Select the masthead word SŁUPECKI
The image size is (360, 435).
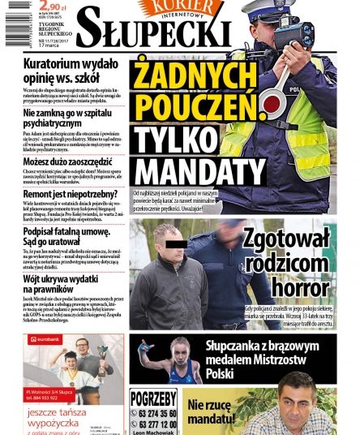(156, 32)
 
